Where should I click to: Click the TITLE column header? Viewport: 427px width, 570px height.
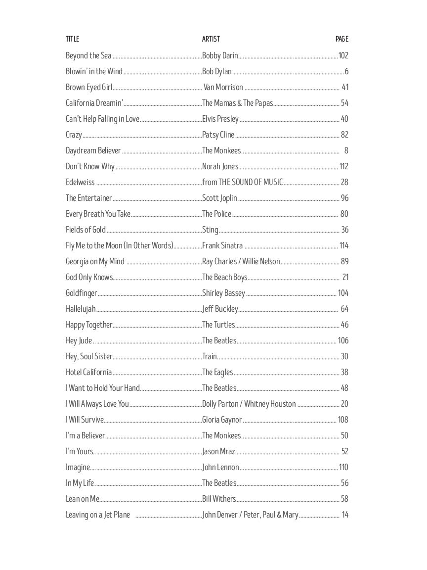coord(72,39)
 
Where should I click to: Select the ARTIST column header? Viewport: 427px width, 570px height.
coord(211,39)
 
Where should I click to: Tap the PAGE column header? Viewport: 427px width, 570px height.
coord(342,39)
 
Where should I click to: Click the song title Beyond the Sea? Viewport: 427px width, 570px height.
coord(88,55)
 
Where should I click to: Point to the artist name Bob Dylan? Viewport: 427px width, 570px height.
coord(217,71)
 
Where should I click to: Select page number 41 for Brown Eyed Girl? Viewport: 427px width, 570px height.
coord(345,87)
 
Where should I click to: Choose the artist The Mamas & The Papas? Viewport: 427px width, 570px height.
coord(238,103)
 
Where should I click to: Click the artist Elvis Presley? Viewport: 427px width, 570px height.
coord(220,119)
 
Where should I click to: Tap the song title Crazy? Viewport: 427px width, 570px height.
coord(74,135)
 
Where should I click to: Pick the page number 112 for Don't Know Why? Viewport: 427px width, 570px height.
coord(343,166)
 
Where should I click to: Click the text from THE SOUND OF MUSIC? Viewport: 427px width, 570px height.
coord(243,182)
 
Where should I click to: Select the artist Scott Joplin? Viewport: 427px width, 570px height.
coord(220,198)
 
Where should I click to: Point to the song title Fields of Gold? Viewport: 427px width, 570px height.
coord(85,230)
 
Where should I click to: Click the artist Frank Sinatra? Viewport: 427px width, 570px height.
coord(222,245)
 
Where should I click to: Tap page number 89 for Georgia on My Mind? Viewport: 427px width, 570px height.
coord(344,261)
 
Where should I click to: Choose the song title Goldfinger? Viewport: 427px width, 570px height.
coord(82,293)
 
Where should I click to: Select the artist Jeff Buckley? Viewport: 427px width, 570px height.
coord(220,309)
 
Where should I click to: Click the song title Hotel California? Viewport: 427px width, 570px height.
coord(89,372)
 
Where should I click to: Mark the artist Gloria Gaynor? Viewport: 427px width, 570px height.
coord(222,420)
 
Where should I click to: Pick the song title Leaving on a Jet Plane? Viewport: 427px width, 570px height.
coord(98,515)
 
